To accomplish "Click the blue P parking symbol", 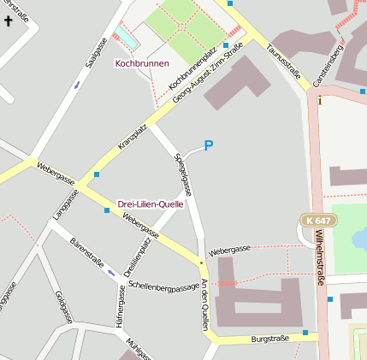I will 208,146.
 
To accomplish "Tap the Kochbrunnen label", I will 142,63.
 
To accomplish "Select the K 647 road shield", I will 319,221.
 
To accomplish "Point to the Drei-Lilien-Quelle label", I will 150,193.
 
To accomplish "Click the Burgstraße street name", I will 270,339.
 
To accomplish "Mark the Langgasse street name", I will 65,205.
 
